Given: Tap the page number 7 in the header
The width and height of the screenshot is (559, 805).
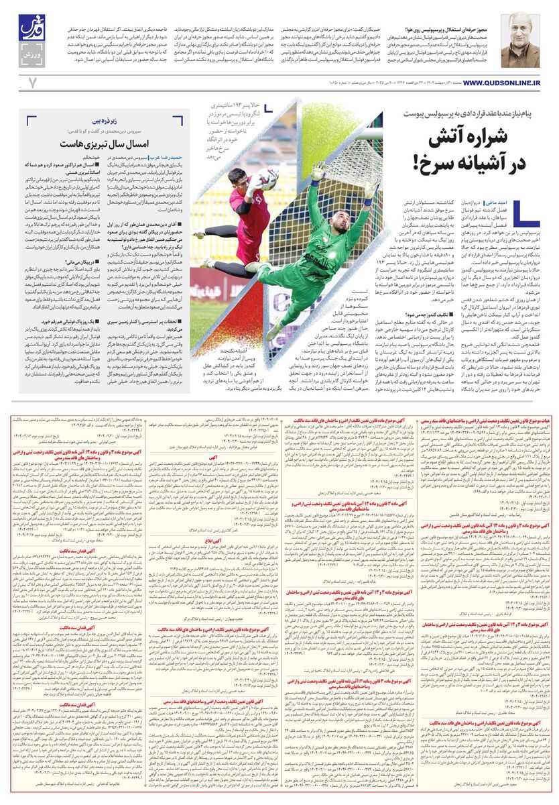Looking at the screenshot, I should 31,82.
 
